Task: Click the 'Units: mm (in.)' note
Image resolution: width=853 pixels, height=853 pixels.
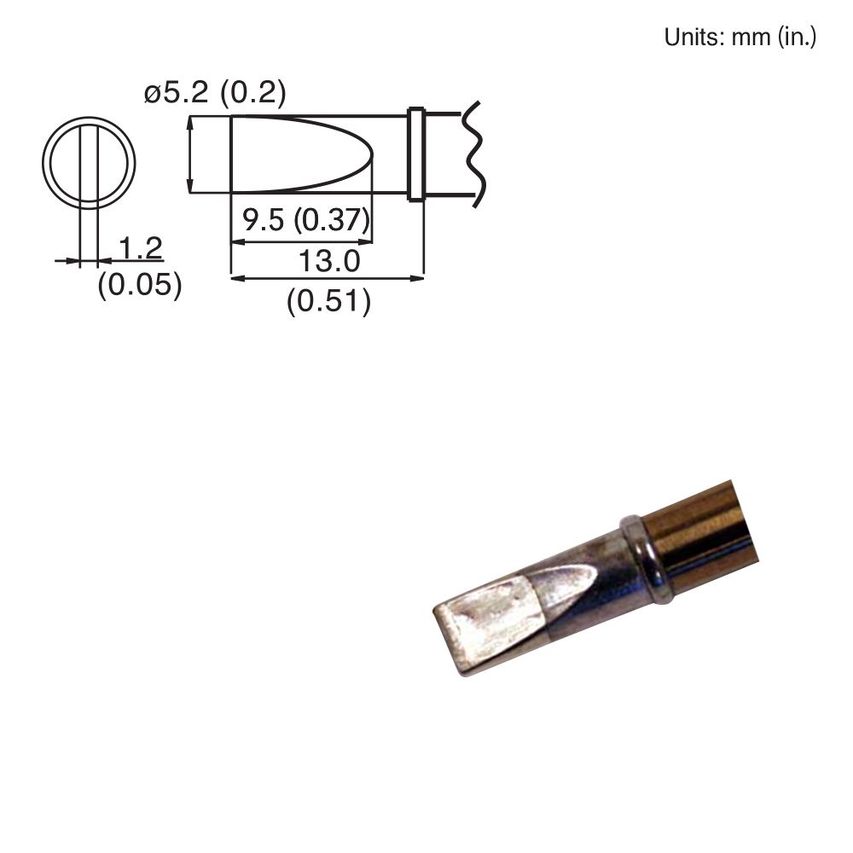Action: tap(740, 38)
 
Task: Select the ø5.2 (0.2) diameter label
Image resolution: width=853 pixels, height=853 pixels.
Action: tap(215, 93)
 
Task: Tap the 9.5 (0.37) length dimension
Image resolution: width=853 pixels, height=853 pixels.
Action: tap(305, 221)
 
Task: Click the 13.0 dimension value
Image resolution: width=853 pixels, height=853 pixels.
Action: tap(328, 261)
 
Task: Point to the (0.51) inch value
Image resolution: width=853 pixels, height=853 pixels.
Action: tap(328, 301)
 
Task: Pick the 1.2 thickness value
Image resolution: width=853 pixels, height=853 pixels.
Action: tap(140, 248)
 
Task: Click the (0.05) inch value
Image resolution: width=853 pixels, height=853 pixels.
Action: tap(140, 285)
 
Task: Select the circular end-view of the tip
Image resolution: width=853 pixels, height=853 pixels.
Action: tap(89, 163)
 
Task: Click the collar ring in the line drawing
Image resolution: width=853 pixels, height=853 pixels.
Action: tap(416, 154)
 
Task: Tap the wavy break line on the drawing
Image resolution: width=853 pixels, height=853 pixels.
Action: tap(473, 154)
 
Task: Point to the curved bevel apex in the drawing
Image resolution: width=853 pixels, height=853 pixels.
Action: tap(372, 158)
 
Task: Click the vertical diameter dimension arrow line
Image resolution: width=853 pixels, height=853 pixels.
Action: tap(189, 154)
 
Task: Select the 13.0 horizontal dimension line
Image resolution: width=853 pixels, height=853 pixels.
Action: tap(328, 277)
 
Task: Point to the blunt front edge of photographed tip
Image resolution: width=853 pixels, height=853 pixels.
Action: tap(449, 641)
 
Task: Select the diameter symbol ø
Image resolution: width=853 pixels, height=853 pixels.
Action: tap(153, 94)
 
